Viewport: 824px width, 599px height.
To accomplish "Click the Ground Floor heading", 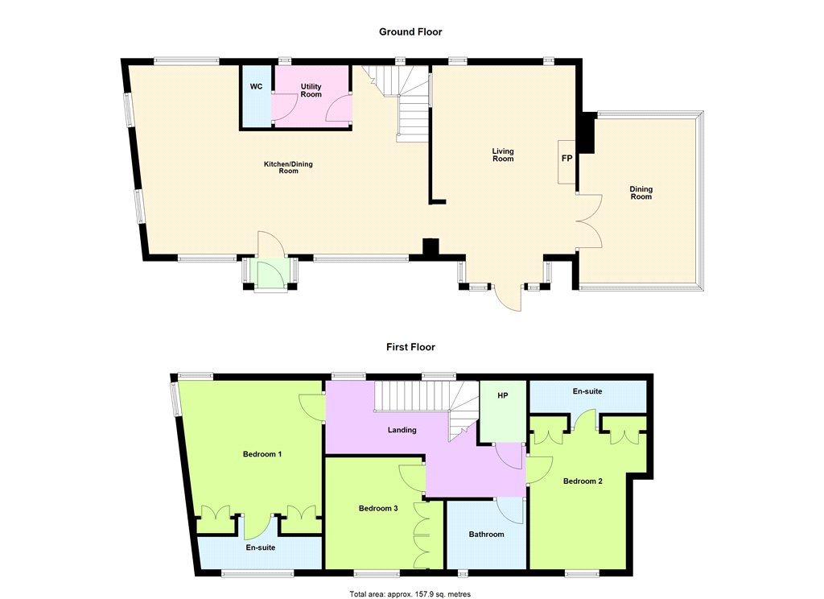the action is pos(410,31).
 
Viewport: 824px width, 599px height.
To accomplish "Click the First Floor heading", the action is pos(410,347).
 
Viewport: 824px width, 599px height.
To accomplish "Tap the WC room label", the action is pos(256,86).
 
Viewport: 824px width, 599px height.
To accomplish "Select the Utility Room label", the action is pos(311,90).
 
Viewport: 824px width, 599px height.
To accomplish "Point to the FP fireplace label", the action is pos(566,158).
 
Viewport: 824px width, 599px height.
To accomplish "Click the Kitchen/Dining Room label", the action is pos(288,167).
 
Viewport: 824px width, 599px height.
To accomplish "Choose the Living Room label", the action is pos(503,155).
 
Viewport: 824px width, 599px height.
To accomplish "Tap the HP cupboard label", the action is pos(502,395).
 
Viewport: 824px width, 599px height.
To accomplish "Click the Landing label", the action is pos(402,430).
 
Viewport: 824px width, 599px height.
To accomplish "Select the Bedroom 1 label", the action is pos(262,454).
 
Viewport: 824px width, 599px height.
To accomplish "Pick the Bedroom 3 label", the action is pos(378,508).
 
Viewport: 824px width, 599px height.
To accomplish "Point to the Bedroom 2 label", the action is pos(583,481).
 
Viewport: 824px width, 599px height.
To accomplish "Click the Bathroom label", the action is pos(486,535).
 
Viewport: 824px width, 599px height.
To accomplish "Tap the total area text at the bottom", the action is pos(410,594).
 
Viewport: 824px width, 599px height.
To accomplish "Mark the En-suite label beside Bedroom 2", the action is pos(587,391).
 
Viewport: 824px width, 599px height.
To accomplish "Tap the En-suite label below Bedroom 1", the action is pos(261,547).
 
